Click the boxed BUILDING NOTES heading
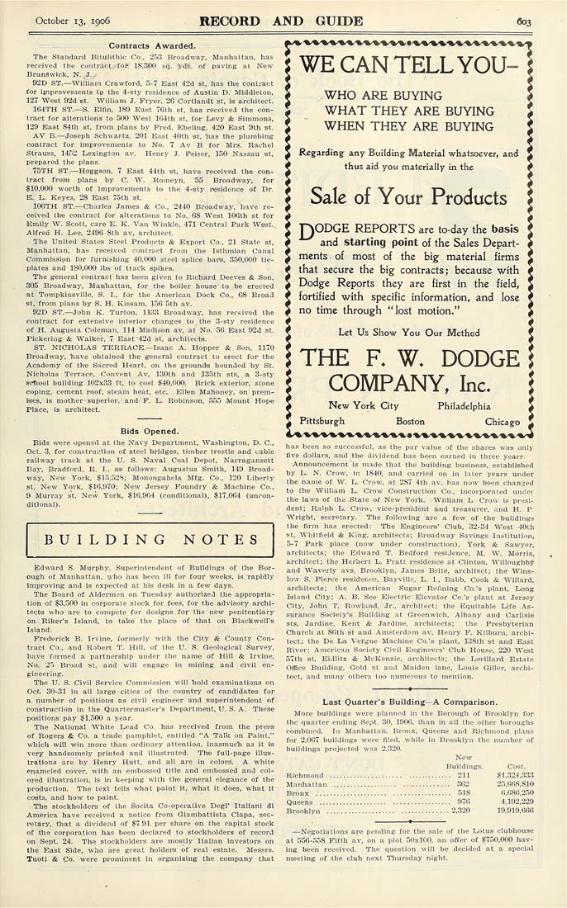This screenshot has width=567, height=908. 141,540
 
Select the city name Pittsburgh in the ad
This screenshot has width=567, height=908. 322,421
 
